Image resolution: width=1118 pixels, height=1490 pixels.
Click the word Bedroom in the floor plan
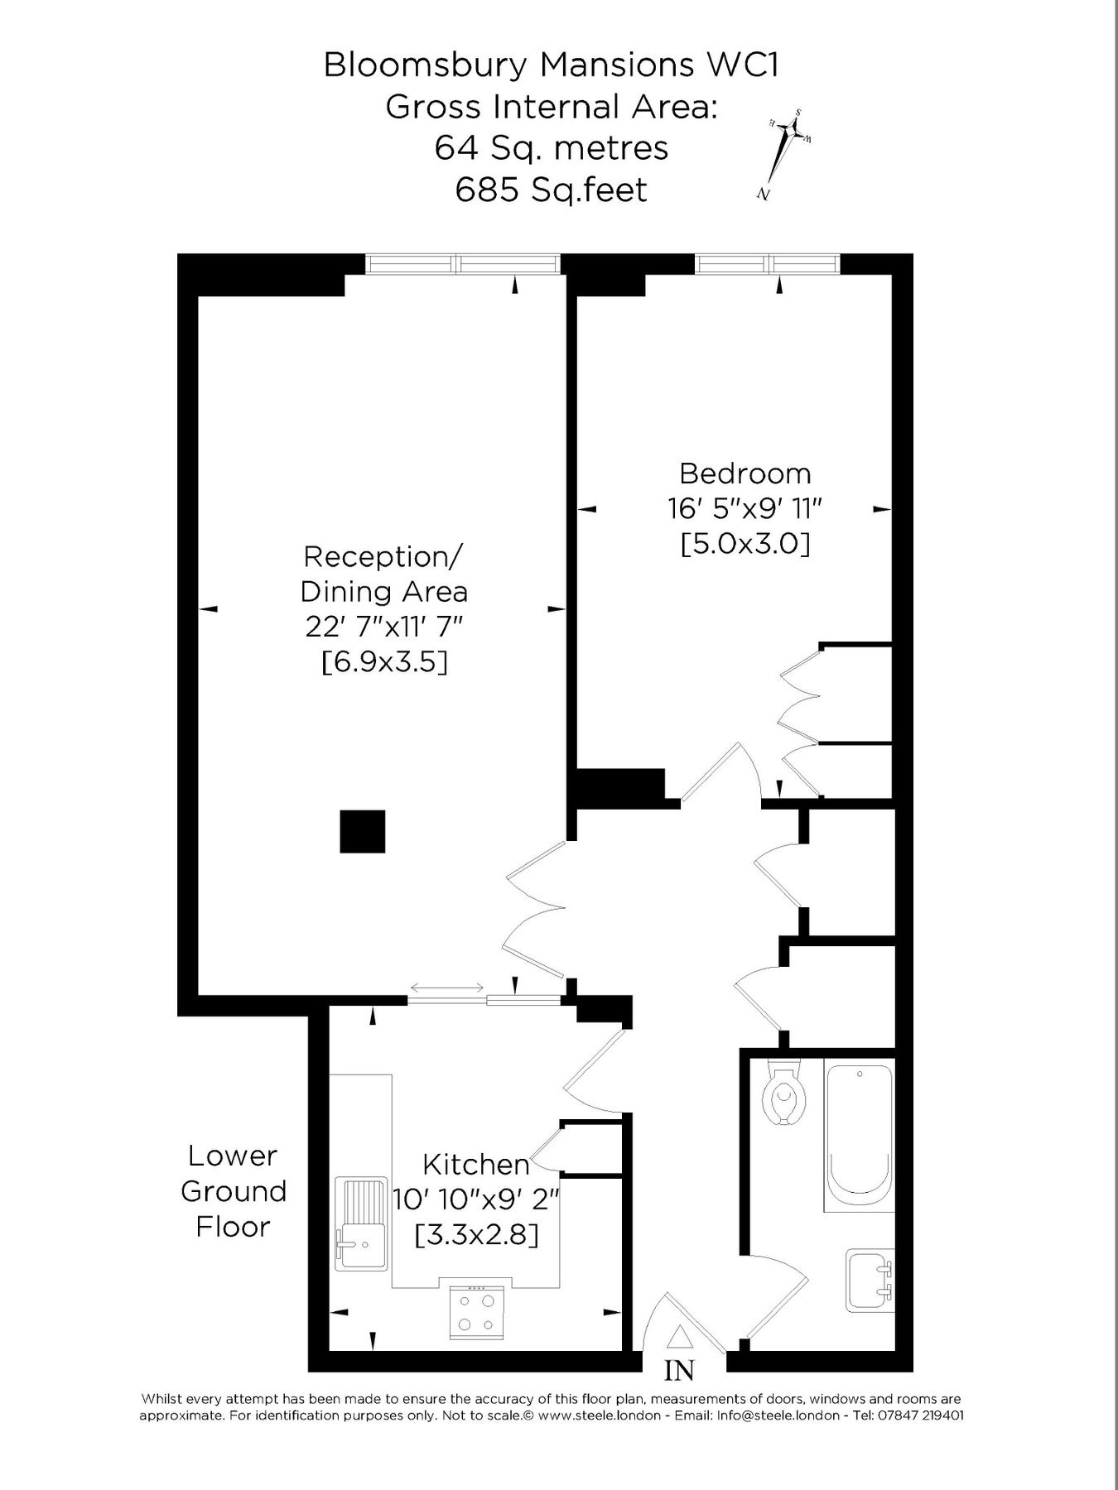(745, 473)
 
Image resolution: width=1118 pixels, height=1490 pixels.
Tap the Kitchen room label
(476, 1165)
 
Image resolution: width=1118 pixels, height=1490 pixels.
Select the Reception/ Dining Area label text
(383, 574)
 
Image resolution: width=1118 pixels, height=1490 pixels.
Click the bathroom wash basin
(869, 1280)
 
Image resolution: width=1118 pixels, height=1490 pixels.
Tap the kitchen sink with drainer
(360, 1223)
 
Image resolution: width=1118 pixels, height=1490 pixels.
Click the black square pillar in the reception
(363, 831)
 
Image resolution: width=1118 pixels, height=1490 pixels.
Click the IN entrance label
(679, 1371)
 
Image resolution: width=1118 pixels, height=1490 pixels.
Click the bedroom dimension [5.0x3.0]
(745, 544)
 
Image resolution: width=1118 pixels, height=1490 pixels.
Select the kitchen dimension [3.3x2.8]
(476, 1235)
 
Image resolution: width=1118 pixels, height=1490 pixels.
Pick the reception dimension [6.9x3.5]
(383, 661)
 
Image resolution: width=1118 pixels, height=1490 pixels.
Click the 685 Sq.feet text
(551, 190)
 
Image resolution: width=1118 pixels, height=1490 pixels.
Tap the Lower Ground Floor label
(233, 1191)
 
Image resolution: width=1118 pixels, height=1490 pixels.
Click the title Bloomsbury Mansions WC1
(551, 65)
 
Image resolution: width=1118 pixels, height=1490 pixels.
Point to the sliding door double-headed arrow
(447, 988)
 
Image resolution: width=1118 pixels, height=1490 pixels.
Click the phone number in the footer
(918, 1415)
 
